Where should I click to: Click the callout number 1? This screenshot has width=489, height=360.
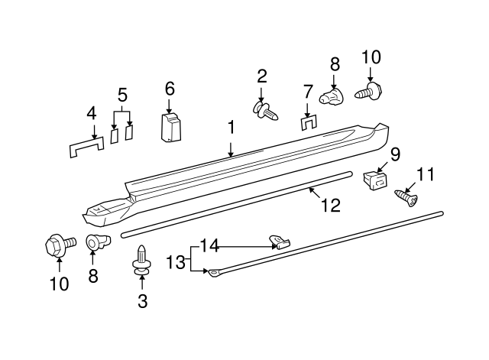tap(230, 129)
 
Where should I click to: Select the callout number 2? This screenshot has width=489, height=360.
tap(262, 76)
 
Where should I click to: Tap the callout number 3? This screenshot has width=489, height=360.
tap(142, 301)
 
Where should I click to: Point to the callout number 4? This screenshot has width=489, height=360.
tap(92, 114)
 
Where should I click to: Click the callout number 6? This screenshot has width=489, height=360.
tap(170, 89)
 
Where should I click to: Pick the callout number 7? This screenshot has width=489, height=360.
tap(307, 92)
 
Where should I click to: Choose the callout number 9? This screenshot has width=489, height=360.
tap(395, 154)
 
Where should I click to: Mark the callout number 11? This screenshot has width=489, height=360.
tap(426, 174)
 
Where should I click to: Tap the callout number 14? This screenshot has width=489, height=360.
tap(210, 245)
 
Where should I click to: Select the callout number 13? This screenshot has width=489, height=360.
tap(176, 261)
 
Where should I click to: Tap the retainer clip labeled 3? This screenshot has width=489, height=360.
tap(142, 260)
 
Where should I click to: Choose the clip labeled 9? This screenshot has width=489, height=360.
tap(375, 180)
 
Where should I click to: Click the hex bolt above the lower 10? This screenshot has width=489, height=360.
tap(58, 245)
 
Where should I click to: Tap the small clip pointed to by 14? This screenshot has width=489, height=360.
tap(280, 242)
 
